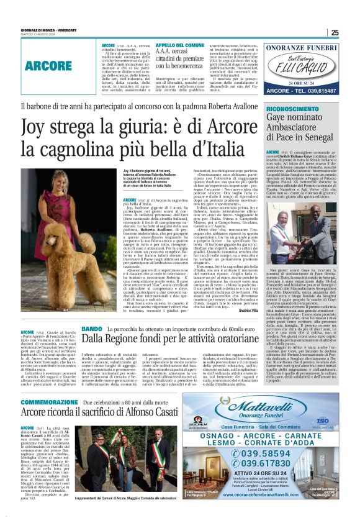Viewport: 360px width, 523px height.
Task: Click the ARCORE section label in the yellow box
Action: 48,65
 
